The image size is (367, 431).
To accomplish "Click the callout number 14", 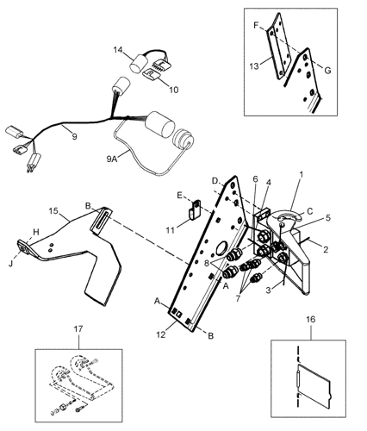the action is (118, 50).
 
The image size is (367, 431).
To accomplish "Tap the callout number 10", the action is (173, 90).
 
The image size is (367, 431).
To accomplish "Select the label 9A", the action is (112, 159).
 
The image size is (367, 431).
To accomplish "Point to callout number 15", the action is (53, 211).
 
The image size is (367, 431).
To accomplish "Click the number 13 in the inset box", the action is (254, 66).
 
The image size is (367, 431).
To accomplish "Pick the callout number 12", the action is (161, 334).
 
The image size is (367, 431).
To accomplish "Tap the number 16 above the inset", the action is (311, 319).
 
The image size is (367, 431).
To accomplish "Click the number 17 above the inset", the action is (78, 329).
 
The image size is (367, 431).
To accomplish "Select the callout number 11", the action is (171, 230).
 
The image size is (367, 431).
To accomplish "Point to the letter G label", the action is (327, 71).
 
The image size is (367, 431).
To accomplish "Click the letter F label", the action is (256, 25).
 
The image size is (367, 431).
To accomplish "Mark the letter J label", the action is (11, 263).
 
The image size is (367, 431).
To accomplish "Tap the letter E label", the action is (179, 196).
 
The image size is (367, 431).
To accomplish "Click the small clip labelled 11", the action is (194, 209).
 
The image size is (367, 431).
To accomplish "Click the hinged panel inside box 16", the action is (314, 386).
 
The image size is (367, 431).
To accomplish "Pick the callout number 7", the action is (238, 299).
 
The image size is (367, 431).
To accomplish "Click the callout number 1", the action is (302, 174).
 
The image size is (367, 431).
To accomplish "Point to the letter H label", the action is (35, 232).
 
